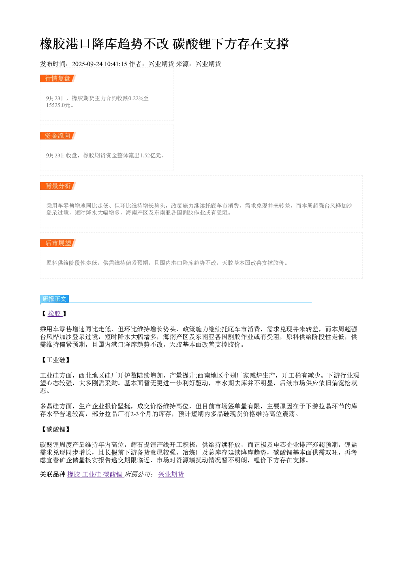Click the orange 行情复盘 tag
[58, 78]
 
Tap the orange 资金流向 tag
[58, 135]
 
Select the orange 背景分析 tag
[58, 186]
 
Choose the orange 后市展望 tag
[58, 243]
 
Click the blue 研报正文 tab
[54, 298]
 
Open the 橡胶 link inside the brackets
[54, 313]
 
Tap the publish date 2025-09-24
[87, 64]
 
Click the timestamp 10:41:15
[116, 64]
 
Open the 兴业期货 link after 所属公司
[171, 474]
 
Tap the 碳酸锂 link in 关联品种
[112, 474]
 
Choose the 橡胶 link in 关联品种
[74, 474]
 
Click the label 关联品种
[53, 474]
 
